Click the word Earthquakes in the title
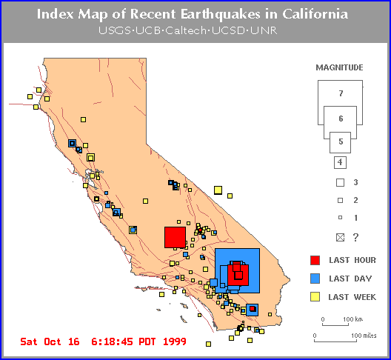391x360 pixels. pyautogui.click(x=220, y=14)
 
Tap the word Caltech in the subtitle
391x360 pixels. pyautogui.click(x=186, y=30)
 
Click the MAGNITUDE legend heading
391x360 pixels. pyautogui.click(x=339, y=67)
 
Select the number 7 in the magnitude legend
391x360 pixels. pyautogui.click(x=341, y=93)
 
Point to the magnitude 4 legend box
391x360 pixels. pyautogui.click(x=340, y=162)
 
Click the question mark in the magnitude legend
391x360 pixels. pyautogui.click(x=356, y=238)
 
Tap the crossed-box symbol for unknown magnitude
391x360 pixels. pyautogui.click(x=340, y=238)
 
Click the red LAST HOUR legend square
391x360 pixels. pyautogui.click(x=315, y=260)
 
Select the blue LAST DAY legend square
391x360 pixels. pyautogui.click(x=315, y=279)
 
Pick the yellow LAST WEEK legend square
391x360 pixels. pyautogui.click(x=315, y=297)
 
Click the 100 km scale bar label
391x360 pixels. pyautogui.click(x=352, y=319)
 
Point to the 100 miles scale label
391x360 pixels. pyautogui.click(x=364, y=336)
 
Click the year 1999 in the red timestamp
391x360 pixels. pyautogui.click(x=175, y=341)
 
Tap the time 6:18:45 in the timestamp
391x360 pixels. pyautogui.click(x=112, y=341)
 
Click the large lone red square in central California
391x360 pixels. pyautogui.click(x=175, y=237)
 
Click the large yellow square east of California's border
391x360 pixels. pyautogui.click(x=218, y=190)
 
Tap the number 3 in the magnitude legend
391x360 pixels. pyautogui.click(x=356, y=182)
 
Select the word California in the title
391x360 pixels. pyautogui.click(x=315, y=14)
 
